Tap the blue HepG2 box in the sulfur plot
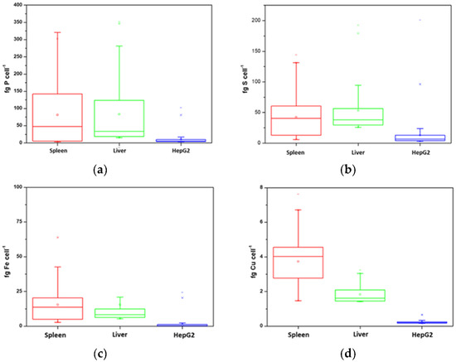coord(432,138)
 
